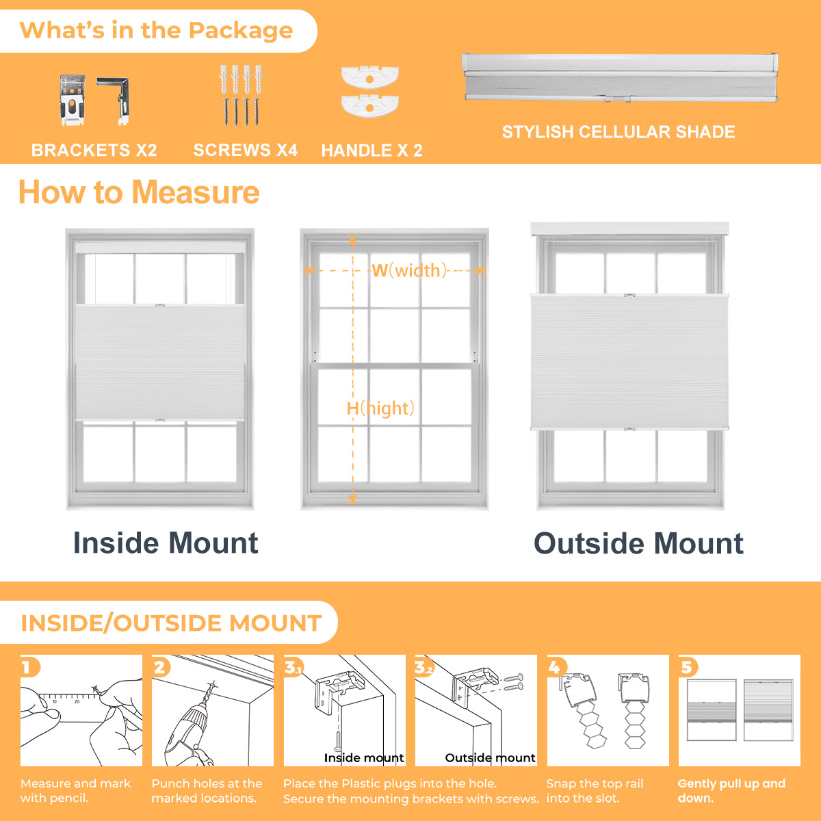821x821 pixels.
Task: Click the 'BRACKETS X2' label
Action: point(94,150)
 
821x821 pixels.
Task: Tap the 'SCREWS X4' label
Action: point(246,150)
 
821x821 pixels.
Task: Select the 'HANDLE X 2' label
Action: point(372,151)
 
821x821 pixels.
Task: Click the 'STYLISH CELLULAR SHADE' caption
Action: point(618,132)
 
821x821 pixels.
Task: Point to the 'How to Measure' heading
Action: point(139,192)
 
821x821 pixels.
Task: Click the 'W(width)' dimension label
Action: point(409,270)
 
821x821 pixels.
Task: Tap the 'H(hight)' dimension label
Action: point(380,408)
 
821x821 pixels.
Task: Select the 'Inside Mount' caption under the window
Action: point(166,543)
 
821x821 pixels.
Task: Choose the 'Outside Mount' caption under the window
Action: point(638,543)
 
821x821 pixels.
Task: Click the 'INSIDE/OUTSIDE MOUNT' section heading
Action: point(171,623)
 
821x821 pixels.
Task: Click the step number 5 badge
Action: point(688,667)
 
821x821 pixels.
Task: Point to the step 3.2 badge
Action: point(424,667)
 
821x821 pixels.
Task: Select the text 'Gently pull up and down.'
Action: point(731,790)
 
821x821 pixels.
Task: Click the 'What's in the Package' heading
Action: point(157,30)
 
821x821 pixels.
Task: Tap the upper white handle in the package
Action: point(370,77)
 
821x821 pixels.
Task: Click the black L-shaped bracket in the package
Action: point(114,101)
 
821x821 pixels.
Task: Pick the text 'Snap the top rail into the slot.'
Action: point(595,790)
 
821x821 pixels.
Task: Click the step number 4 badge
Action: point(556,667)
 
